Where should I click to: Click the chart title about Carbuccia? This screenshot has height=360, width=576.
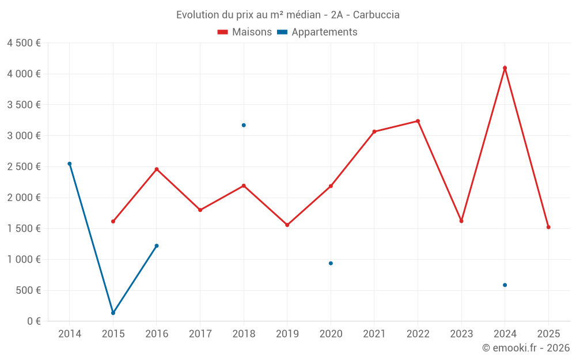[287, 14]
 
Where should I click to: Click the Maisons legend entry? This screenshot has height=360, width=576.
[245, 32]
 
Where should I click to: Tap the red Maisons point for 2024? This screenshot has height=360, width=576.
[505, 68]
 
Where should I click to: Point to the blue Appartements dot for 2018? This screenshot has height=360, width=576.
[244, 125]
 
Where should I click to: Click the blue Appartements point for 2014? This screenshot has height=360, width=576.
[70, 164]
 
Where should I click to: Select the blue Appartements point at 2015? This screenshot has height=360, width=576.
[113, 313]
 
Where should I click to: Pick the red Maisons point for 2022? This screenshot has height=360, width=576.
[418, 121]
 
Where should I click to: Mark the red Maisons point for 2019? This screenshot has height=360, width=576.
[287, 225]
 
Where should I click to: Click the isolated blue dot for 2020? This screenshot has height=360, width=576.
[331, 263]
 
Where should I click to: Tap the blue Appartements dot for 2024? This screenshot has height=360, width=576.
[505, 285]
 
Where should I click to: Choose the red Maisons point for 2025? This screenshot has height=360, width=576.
[548, 227]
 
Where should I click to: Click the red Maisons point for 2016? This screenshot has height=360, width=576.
[157, 169]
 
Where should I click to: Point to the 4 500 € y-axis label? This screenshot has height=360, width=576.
[24, 43]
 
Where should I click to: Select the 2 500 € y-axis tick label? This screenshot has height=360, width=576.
[24, 167]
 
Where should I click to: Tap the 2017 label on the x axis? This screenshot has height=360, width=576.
[200, 334]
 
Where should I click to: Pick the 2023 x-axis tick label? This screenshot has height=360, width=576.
[461, 334]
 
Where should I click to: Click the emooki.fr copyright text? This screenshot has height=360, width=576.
[526, 348]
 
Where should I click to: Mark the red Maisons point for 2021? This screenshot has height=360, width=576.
[374, 131]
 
